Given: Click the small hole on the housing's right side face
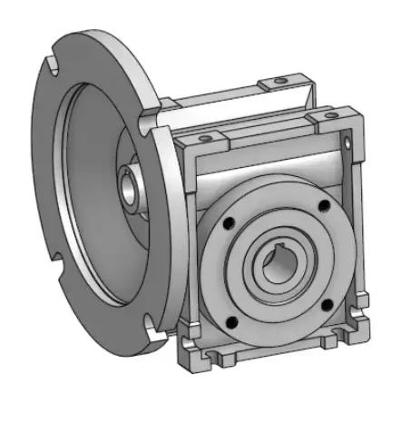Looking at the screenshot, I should coord(348,142).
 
